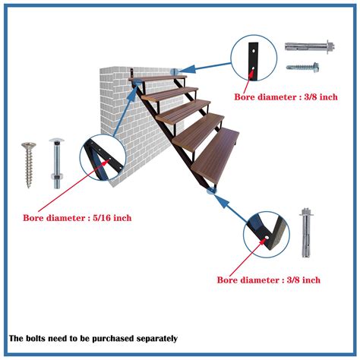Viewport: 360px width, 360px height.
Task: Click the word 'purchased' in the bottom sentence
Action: click(x=113, y=338)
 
